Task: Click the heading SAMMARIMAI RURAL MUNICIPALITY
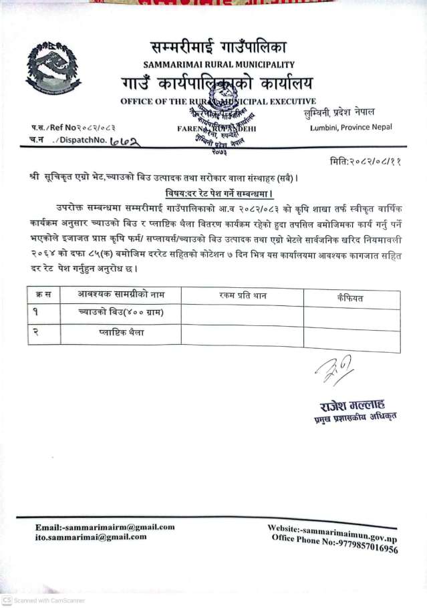[x=219, y=65]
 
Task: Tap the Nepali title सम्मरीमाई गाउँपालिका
[x=218, y=48]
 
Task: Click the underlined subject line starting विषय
[x=217, y=192]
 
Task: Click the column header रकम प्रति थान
[x=242, y=295]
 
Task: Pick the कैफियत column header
[x=351, y=297]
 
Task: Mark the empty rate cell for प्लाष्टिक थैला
[x=242, y=334]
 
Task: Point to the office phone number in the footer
[x=360, y=545]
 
